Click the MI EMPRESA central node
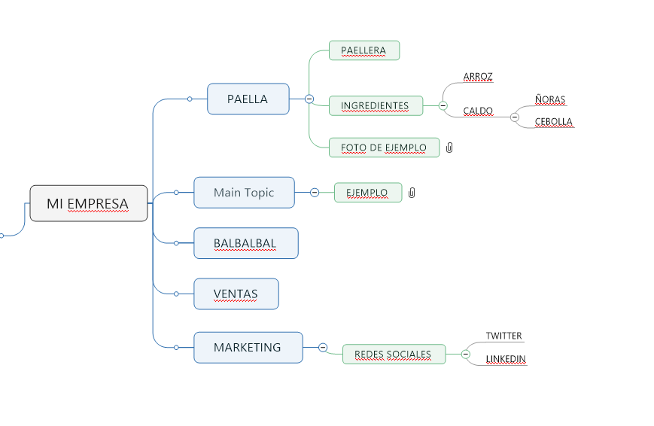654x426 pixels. (88, 203)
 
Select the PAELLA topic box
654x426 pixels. (248, 99)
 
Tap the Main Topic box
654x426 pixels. (244, 192)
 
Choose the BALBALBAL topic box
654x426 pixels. (245, 243)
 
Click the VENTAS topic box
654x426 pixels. (236, 294)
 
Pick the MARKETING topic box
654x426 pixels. (248, 348)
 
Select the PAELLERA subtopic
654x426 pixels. (364, 50)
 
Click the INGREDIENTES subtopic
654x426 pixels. (376, 105)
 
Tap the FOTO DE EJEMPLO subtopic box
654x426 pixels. (384, 148)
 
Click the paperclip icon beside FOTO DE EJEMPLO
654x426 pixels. (449, 148)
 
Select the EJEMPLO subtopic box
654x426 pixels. (367, 193)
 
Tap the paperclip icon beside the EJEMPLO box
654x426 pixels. (412, 193)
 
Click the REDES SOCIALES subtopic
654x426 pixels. (393, 354)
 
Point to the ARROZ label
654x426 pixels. (478, 77)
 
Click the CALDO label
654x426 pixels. (478, 111)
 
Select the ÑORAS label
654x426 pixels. (550, 99)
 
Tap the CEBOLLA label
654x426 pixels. (554, 122)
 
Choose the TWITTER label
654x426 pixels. (503, 336)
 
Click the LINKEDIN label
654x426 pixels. (506, 359)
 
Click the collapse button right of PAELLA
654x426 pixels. (309, 99)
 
